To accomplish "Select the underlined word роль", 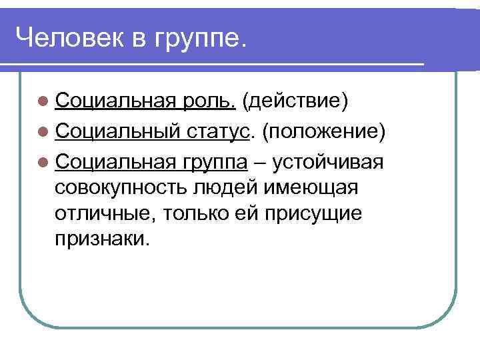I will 213,102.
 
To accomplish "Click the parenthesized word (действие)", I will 295,103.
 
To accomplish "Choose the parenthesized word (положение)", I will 324,132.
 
